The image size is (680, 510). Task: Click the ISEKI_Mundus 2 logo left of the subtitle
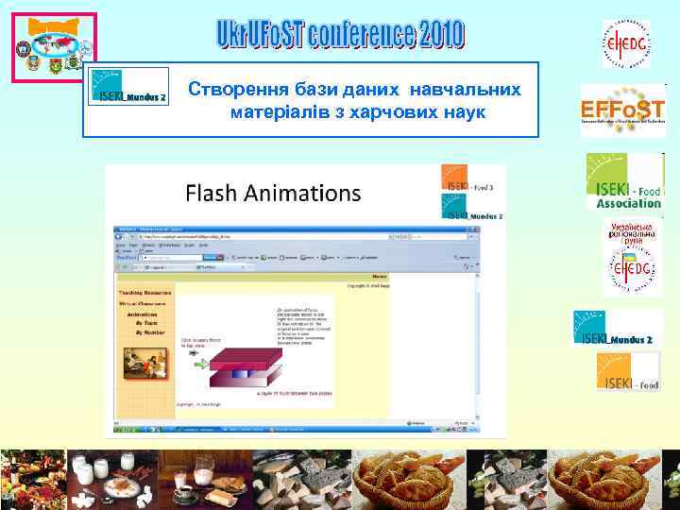pos(129,87)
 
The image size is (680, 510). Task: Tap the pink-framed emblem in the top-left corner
pos(55,47)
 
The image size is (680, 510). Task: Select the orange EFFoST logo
pos(622,110)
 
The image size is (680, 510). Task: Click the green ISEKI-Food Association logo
pos(624,180)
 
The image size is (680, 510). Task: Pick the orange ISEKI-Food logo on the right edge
pos(627,370)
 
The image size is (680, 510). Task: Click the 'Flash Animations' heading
pos(273,194)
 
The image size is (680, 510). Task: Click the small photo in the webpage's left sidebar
pos(141,360)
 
